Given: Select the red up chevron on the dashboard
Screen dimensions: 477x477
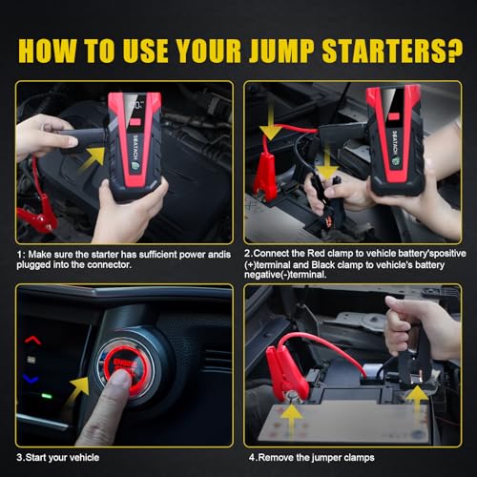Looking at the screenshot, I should pos(33,339).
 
